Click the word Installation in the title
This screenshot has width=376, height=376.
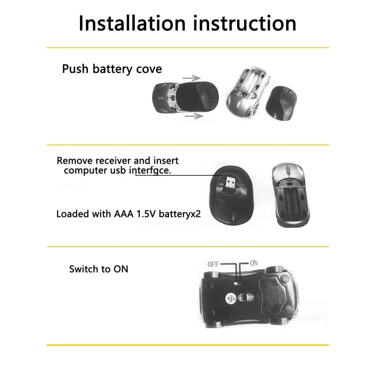132,23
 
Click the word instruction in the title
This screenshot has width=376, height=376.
245,23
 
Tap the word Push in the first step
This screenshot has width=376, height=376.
75,69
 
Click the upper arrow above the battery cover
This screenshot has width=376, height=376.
192,78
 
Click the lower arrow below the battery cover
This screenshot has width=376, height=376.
194,116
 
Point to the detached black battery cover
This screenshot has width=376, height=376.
281,104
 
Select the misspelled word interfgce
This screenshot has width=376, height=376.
150,170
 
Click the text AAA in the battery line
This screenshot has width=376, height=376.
124,214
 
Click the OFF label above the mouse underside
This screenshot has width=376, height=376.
213,264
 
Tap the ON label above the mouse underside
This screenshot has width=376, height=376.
254,263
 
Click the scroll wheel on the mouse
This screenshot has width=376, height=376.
288,171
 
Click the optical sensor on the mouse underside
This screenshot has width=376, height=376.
247,298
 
